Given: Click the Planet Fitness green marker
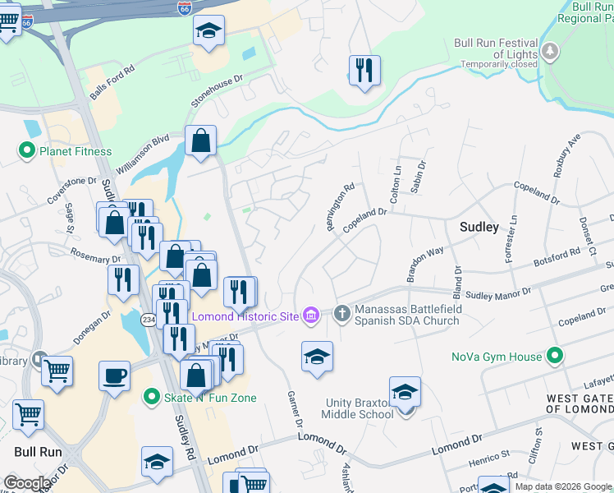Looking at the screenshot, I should coord(26,151).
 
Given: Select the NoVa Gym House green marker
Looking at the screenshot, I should coord(555,357).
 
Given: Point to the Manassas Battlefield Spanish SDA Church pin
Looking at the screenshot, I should coord(342,311).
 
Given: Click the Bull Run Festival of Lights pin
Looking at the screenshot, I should coord(550,53).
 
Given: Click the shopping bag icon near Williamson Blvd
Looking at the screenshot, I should coord(200,141).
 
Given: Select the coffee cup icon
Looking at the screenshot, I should coord(114,376).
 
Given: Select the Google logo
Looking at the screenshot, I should coord(26,483).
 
